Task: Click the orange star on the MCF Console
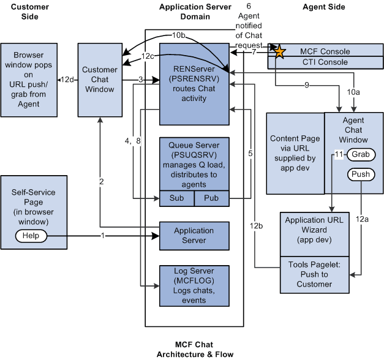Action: [x=279, y=52]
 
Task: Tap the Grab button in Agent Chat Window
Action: [x=360, y=155]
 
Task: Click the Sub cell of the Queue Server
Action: [x=176, y=198]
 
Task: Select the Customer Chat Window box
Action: [x=99, y=80]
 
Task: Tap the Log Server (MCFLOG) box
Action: [x=194, y=285]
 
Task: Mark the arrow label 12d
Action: [x=68, y=80]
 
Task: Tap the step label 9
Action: [x=306, y=86]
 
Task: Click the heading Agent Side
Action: [x=323, y=7]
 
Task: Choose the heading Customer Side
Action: [x=30, y=12]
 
